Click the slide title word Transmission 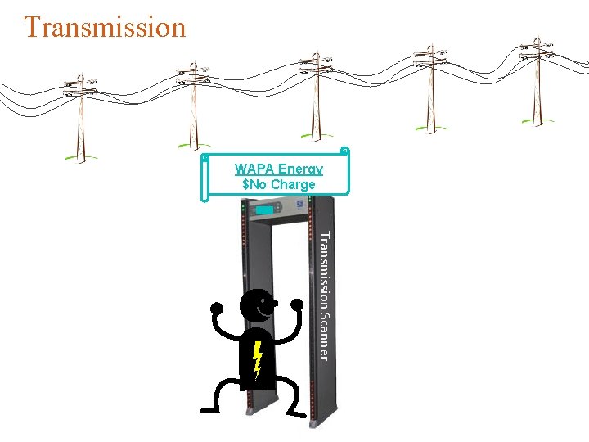[105, 27]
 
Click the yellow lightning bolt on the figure [257, 358]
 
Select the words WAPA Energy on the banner [278, 169]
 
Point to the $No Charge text [278, 184]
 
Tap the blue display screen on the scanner [264, 210]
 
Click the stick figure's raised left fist [218, 309]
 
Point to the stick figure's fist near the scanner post [295, 304]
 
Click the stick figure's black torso [256, 360]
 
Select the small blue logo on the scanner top [300, 207]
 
